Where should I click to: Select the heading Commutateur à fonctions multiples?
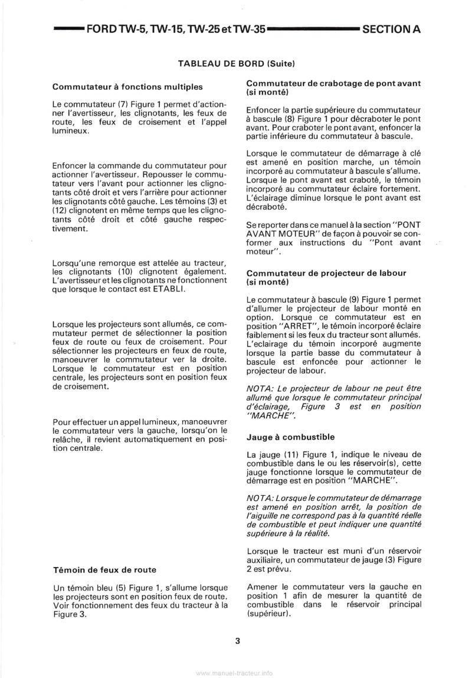pyautogui.click(x=127, y=87)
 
